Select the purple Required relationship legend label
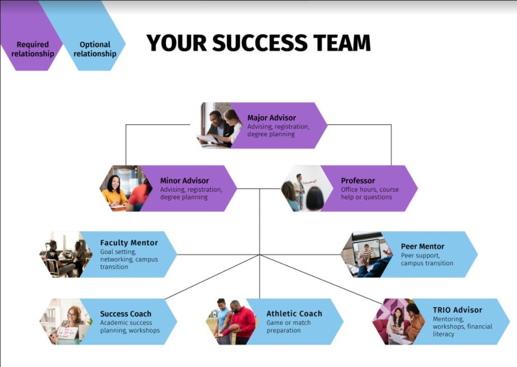33,49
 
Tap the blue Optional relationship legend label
95,49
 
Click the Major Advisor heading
272,118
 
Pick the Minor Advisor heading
184,180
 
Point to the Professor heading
358,180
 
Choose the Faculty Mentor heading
129,242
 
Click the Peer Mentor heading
422,246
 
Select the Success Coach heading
126,313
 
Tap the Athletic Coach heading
294,313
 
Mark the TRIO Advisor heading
457,310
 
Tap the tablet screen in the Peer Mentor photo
367,251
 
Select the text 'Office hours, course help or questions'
369,193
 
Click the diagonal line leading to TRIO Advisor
320,279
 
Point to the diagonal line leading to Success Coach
212,277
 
